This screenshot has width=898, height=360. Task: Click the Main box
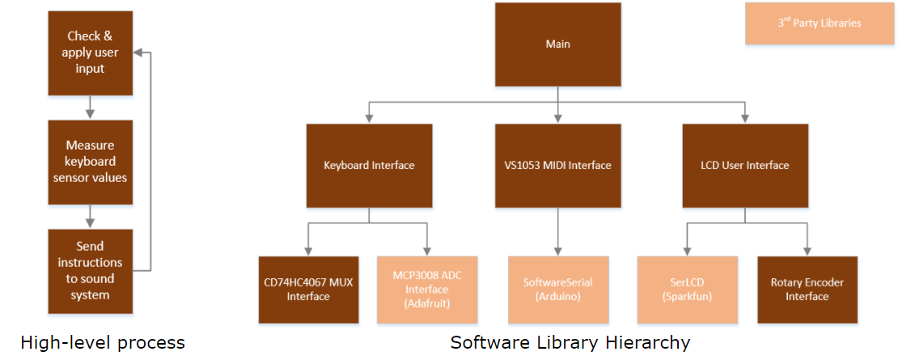coord(557,44)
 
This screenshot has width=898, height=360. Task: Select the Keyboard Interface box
coord(369,166)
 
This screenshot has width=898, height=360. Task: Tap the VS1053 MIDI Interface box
coord(557,166)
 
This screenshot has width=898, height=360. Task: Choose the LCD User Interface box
coord(744,166)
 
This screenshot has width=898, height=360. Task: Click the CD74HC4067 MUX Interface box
coord(308,290)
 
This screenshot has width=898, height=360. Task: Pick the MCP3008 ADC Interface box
coord(427,290)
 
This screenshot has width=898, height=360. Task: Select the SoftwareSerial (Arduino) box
coord(557,290)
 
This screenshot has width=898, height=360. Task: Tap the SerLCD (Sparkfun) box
coord(687,290)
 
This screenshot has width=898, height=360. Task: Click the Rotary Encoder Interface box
coord(807,290)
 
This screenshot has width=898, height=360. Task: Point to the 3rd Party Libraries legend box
coord(820,23)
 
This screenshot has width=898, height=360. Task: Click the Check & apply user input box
coord(89,53)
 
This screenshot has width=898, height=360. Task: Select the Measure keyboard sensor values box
coord(89,161)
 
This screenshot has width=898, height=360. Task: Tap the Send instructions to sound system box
coord(89,270)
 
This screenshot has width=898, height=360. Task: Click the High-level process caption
coord(103,343)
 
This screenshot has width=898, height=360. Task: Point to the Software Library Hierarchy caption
coord(570,343)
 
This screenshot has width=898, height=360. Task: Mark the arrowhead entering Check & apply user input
coord(137,53)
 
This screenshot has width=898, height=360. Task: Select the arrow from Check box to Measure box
coord(89,108)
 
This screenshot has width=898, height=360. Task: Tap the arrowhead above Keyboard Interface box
coord(369,117)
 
